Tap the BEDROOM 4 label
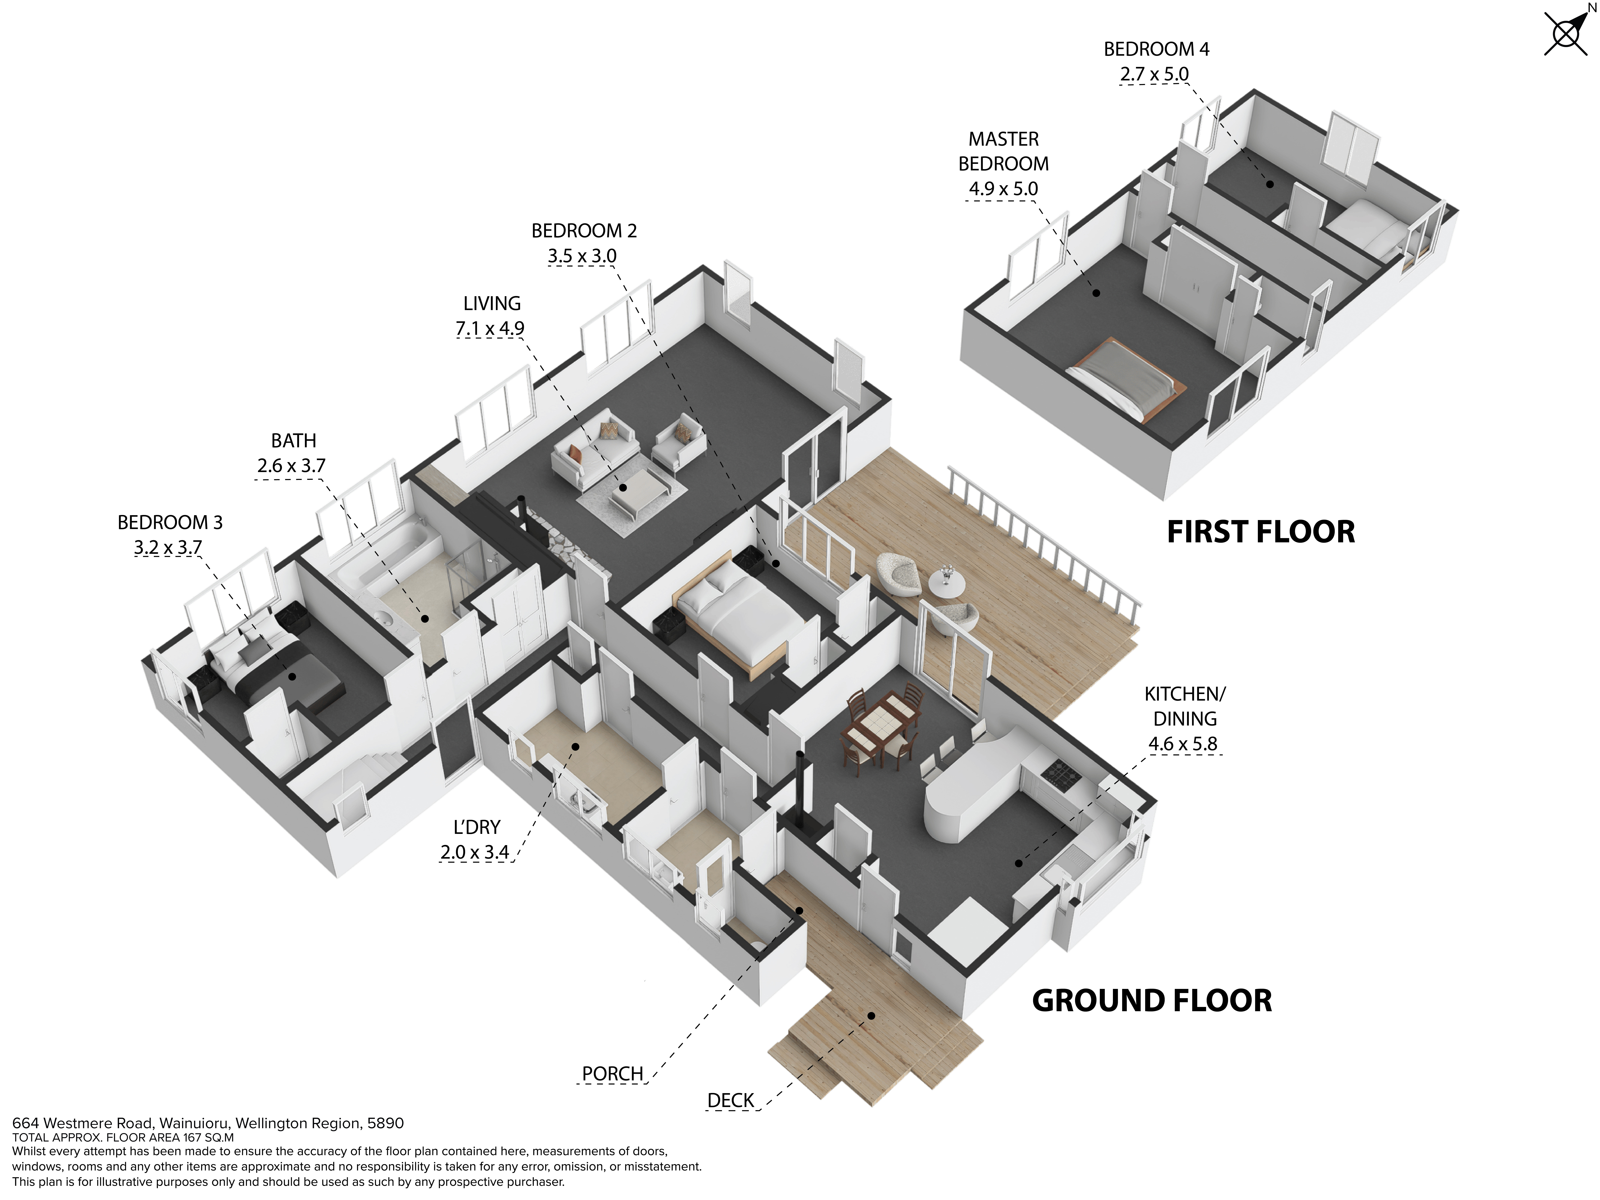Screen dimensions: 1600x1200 point(1156,49)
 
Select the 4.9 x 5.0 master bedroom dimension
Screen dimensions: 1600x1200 point(1003,189)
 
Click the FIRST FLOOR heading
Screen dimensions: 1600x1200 point(1261,532)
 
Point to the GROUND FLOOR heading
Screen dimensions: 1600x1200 point(1152,1000)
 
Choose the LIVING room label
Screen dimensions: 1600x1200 point(492,304)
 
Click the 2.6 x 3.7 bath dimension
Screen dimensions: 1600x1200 point(292,466)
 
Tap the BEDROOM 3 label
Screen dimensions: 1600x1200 point(170,522)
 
